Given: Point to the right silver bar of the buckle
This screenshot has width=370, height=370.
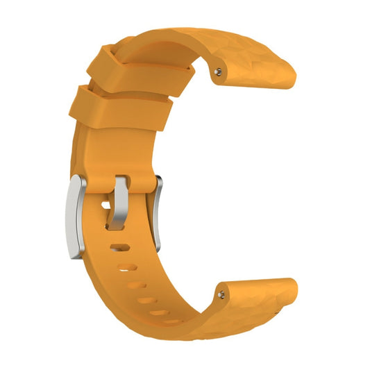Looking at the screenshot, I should (x=158, y=211).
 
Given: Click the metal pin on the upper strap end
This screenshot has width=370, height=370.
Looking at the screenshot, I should (x=220, y=70).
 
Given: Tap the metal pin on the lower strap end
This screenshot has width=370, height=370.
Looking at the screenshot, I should (x=221, y=294).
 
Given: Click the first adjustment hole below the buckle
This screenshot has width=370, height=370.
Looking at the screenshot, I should (x=118, y=246).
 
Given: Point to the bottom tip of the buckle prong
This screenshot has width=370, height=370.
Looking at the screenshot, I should (x=114, y=226).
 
